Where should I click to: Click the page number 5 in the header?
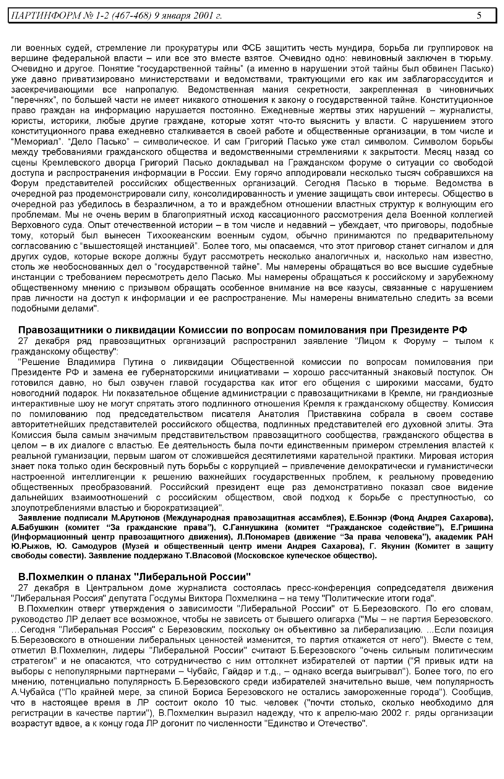(x=479, y=15)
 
